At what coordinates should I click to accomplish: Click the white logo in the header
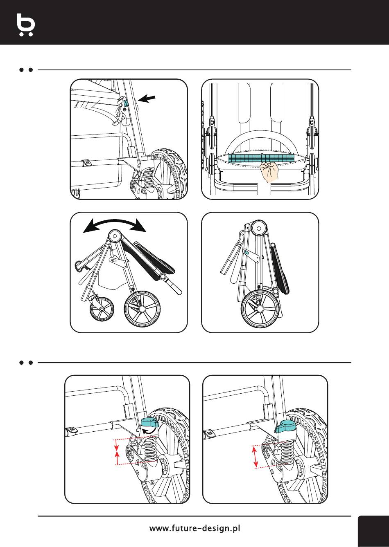[x=26, y=25]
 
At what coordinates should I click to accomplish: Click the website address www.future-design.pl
[x=194, y=528]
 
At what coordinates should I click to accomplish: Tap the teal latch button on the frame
[x=125, y=103]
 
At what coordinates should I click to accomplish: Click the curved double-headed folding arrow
[x=115, y=224]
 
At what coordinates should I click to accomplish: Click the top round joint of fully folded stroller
[x=259, y=228]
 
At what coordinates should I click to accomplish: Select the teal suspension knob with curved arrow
[x=149, y=424]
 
